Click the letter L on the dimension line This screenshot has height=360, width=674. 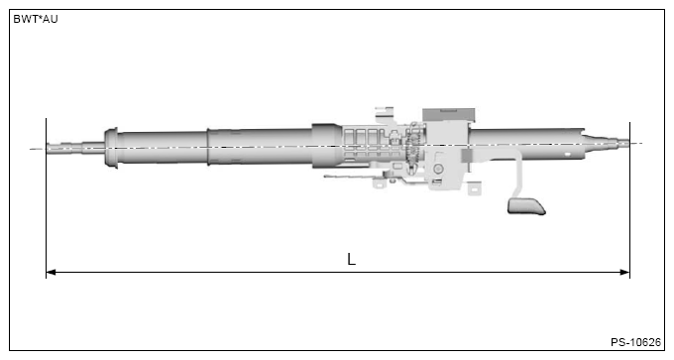tap(351, 259)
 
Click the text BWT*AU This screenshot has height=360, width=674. tap(36, 19)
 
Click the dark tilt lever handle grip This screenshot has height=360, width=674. tap(526, 205)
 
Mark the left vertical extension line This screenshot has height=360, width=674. tap(46, 198)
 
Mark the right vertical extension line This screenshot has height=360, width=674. tap(629, 198)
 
